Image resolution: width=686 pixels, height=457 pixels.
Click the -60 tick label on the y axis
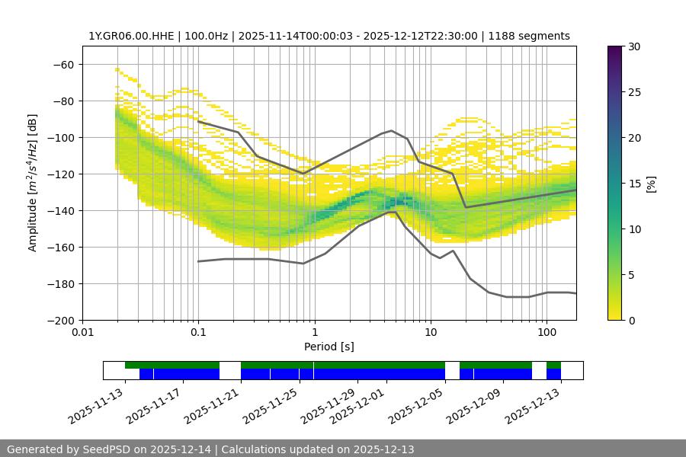point(64,64)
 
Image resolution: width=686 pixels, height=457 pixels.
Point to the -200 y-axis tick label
point(61,320)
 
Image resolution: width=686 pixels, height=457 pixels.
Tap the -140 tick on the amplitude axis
point(61,210)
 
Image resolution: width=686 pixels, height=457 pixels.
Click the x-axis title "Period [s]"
point(329,347)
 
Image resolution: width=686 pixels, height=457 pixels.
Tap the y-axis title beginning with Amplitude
point(32,183)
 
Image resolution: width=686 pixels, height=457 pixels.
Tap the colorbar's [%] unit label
point(651,183)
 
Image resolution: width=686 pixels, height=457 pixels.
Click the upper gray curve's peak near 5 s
point(392,130)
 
